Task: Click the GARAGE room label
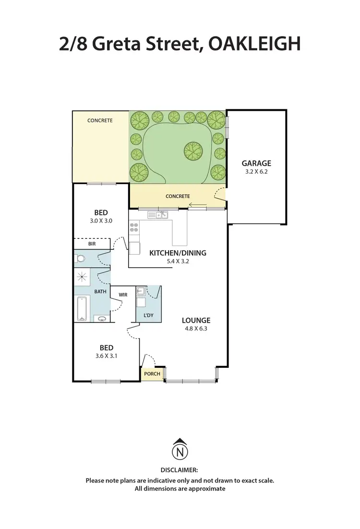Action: (x=256, y=163)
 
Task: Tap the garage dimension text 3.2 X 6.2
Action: (x=256, y=171)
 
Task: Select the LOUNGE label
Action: (x=196, y=320)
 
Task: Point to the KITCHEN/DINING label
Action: (x=178, y=253)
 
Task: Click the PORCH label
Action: (x=152, y=374)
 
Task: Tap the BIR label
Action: (x=92, y=244)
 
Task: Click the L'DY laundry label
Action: (x=148, y=316)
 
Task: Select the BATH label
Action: (x=100, y=291)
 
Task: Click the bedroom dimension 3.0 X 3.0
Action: (x=101, y=221)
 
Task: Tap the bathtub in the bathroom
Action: (x=82, y=309)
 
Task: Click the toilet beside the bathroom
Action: (x=80, y=259)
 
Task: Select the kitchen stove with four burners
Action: (x=134, y=227)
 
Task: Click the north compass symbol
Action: (x=180, y=449)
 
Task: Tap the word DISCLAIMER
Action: (x=180, y=471)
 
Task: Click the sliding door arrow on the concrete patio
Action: (x=197, y=206)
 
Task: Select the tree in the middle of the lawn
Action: (x=193, y=152)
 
